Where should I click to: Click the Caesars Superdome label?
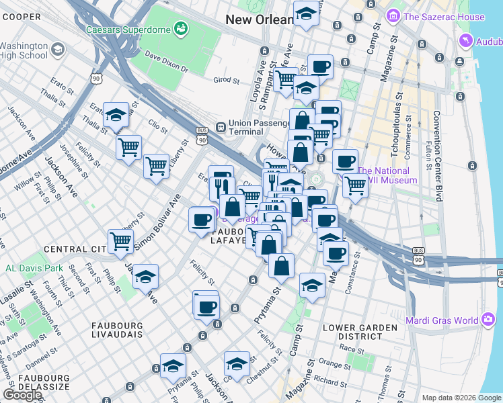(128, 30)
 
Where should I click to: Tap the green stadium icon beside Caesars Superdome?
(180, 28)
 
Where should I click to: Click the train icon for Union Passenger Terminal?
(220, 127)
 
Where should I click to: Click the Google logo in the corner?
(22, 395)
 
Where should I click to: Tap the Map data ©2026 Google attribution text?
(461, 398)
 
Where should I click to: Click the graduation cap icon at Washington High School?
(58, 49)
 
